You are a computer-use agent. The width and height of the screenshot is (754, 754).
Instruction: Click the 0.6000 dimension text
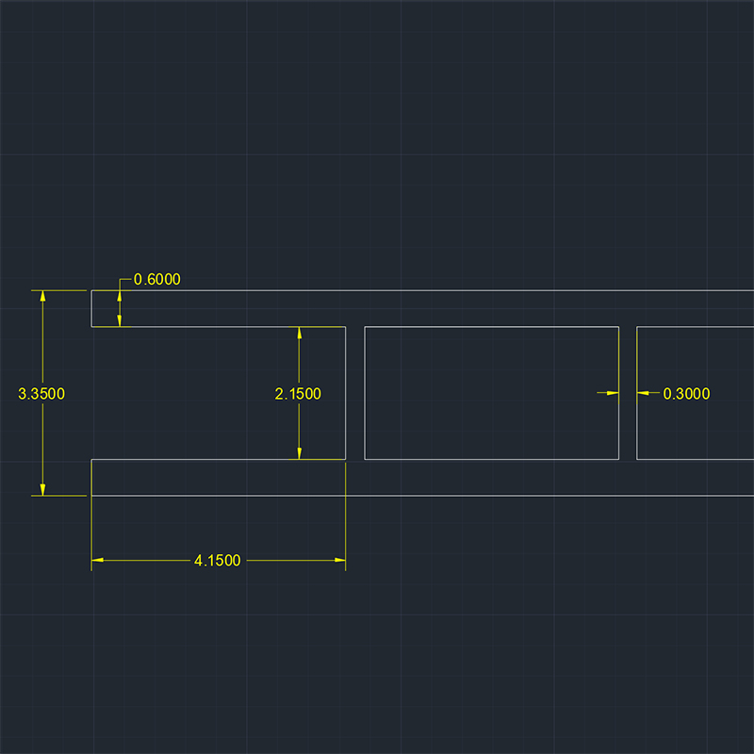pyautogui.click(x=156, y=279)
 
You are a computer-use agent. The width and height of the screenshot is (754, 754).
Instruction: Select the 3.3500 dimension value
pyautogui.click(x=41, y=394)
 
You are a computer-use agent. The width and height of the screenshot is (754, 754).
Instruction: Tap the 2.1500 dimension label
pyautogui.click(x=298, y=394)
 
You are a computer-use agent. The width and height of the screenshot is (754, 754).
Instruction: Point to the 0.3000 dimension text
pyautogui.click(x=686, y=394)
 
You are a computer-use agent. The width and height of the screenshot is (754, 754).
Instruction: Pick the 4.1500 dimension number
pyautogui.click(x=218, y=561)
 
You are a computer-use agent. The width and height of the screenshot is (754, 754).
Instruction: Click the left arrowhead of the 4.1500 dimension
pyautogui.click(x=97, y=560)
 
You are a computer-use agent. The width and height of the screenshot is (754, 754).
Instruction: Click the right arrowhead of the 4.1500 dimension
pyautogui.click(x=340, y=560)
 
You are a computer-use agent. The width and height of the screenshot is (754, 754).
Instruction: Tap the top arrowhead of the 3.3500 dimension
pyautogui.click(x=42, y=296)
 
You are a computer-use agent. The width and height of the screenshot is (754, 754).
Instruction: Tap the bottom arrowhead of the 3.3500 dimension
pyautogui.click(x=42, y=489)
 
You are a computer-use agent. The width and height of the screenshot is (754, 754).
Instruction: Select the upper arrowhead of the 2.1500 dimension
pyautogui.click(x=299, y=333)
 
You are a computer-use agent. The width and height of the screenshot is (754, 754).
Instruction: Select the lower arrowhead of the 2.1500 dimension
pyautogui.click(x=299, y=453)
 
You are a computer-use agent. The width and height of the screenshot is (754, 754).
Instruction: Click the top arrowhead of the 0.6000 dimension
pyautogui.click(x=120, y=296)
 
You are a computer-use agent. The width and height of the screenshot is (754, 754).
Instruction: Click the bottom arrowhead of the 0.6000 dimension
pyautogui.click(x=120, y=320)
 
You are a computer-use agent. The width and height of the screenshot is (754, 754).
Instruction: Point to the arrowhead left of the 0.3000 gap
pyautogui.click(x=613, y=393)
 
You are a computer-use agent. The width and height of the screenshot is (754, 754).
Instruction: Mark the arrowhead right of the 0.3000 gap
pyautogui.click(x=643, y=393)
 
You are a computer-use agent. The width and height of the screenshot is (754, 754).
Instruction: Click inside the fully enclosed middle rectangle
pyautogui.click(x=491, y=393)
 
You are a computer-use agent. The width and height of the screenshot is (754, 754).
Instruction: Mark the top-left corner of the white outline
pyautogui.click(x=91, y=290)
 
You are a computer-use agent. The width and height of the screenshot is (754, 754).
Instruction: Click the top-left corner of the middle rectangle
pyautogui.click(x=365, y=327)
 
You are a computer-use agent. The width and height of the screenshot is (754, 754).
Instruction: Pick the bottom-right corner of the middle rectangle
pyautogui.click(x=619, y=459)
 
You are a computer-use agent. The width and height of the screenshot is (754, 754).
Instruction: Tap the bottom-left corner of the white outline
pyautogui.click(x=91, y=496)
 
